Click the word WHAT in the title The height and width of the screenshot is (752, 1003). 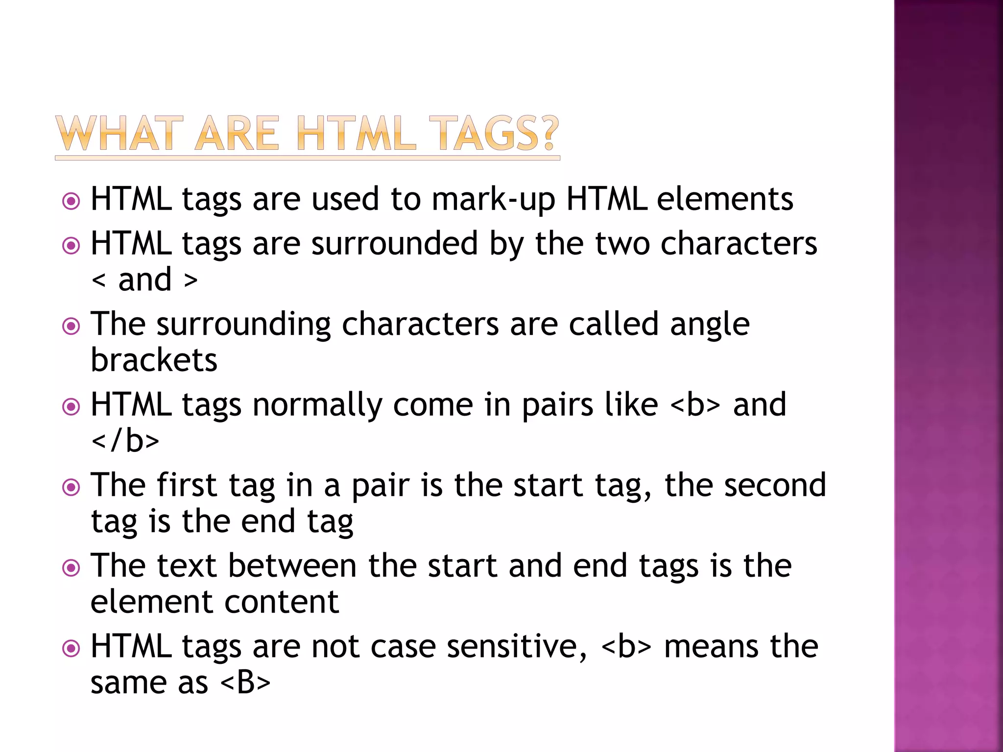point(116,133)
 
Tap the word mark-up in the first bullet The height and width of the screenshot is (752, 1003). point(493,200)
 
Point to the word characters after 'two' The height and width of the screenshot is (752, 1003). point(739,243)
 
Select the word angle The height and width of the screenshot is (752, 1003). point(710,325)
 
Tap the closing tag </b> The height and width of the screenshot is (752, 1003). point(125,440)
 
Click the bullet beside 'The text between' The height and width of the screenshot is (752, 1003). point(72,568)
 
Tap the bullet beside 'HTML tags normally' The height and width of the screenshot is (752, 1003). point(72,407)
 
